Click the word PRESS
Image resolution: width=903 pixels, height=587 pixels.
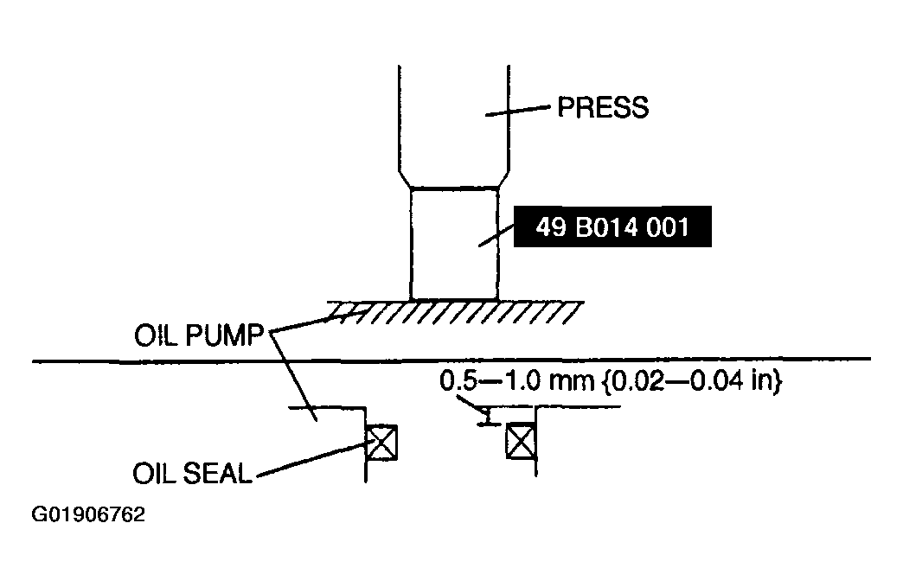click(603, 107)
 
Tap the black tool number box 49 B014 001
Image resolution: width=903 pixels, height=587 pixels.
click(612, 227)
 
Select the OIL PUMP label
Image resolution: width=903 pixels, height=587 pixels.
click(199, 335)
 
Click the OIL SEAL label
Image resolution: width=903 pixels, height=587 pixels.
click(192, 474)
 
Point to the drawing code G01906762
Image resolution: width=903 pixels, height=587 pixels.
click(88, 514)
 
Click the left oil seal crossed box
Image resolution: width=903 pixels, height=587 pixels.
click(381, 442)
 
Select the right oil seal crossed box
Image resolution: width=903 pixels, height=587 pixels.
click(522, 441)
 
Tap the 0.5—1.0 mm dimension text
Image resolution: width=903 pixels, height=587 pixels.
click(516, 380)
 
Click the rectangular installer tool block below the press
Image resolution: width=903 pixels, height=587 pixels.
click(454, 244)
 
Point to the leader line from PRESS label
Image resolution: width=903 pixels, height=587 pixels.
click(518, 111)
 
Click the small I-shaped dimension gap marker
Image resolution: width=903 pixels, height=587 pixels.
click(487, 416)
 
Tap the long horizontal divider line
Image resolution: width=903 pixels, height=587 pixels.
click(451, 360)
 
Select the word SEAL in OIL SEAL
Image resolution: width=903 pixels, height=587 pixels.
click(217, 474)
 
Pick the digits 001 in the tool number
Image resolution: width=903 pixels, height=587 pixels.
click(668, 227)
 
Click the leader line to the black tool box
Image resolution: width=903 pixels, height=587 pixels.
click(496, 235)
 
